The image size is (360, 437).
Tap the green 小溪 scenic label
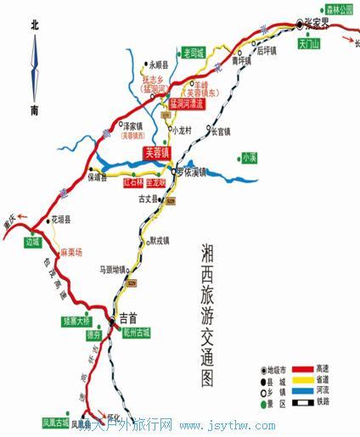click(248, 157)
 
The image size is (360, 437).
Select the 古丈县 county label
click(151, 201)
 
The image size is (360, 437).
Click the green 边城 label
click(33, 242)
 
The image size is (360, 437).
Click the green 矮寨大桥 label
click(76, 322)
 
